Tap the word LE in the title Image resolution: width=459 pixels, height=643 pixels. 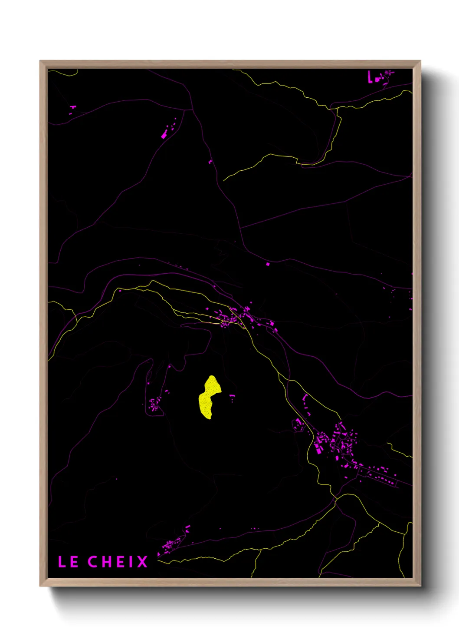click(68, 562)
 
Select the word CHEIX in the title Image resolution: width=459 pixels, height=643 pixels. click(118, 562)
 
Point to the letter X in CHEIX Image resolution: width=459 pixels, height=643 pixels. click(143, 562)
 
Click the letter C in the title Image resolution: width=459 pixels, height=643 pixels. click(93, 562)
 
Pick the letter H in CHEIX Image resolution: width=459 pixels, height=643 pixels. click(106, 562)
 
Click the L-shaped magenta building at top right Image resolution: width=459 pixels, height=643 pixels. click(370, 77)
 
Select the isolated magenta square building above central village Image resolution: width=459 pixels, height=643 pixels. click(268, 264)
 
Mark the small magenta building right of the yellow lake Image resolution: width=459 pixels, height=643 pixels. click(232, 396)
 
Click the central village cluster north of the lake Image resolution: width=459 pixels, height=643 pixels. click(236, 316)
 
